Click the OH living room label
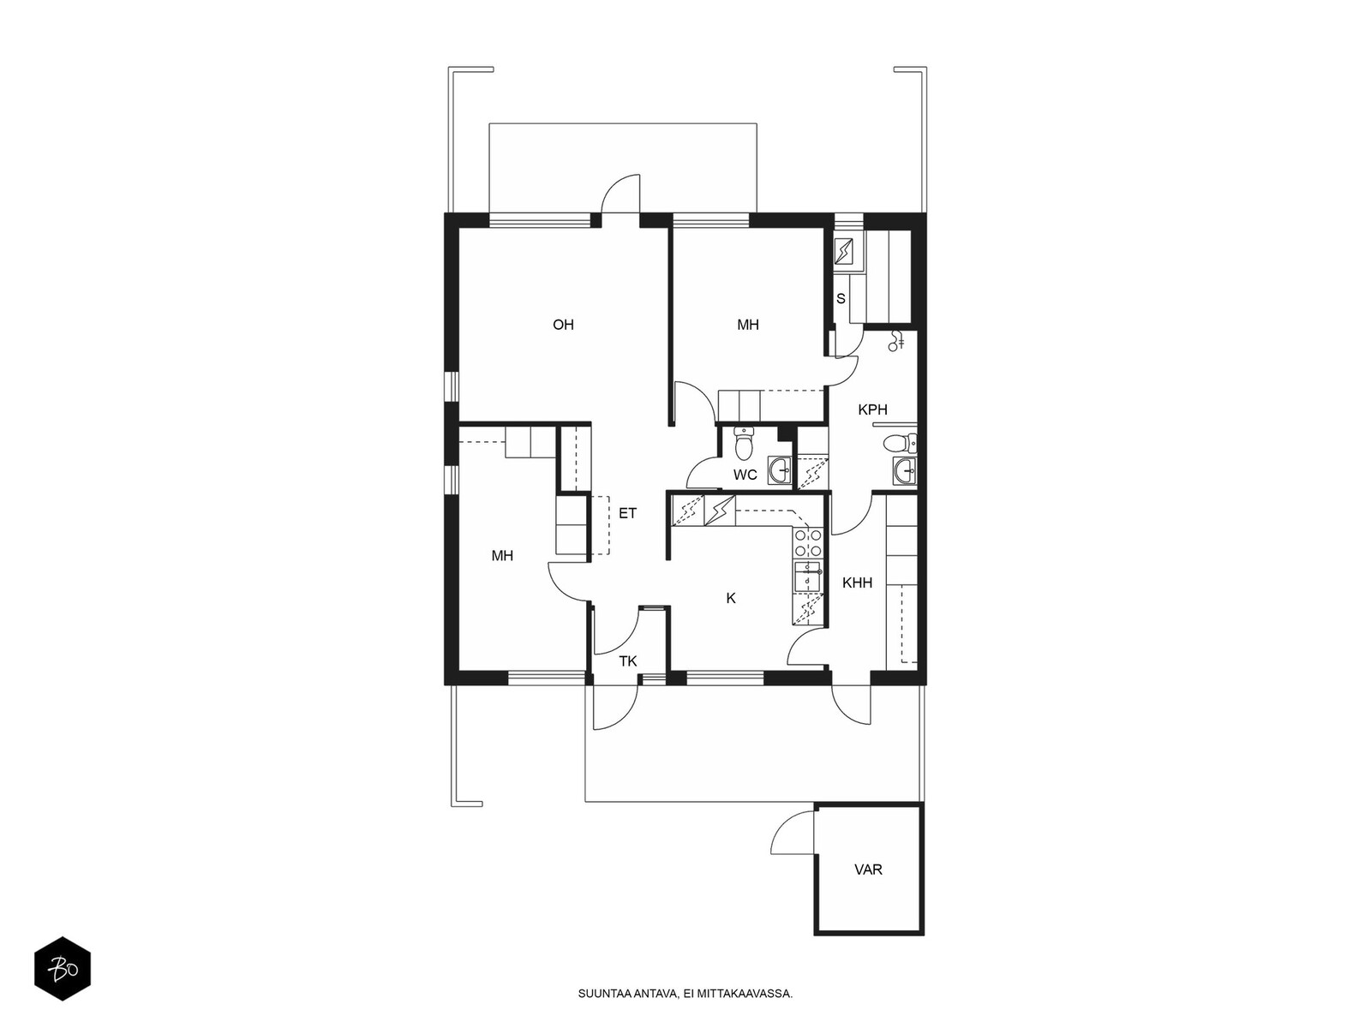(563, 325)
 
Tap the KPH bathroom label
(872, 410)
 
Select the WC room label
(745, 475)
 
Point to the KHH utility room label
(857, 583)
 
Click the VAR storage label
(868, 870)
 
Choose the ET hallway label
(627, 513)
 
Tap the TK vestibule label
(628, 661)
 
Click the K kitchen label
(731, 599)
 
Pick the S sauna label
(841, 299)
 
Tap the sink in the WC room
(780, 470)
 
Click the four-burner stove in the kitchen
(808, 542)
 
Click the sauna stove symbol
(849, 252)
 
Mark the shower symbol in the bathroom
(897, 340)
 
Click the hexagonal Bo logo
(63, 969)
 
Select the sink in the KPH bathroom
(904, 470)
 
